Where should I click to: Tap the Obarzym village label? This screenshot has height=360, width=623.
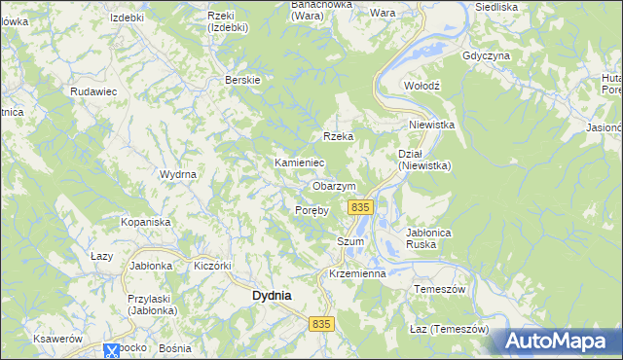[334, 186]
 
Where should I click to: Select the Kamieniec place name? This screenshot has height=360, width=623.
[299, 162]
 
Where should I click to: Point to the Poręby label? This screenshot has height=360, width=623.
[312, 209]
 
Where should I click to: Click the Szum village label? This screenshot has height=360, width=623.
[349, 241]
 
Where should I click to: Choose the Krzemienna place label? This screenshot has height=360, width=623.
[357, 273]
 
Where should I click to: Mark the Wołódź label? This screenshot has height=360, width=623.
[422, 86]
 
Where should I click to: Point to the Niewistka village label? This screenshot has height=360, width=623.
[432, 125]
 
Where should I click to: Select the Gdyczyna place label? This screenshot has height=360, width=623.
[487, 55]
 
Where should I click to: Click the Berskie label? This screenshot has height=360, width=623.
[242, 80]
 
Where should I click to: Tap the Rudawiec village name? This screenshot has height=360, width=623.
[93, 90]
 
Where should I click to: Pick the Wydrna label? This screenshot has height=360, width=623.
[179, 174]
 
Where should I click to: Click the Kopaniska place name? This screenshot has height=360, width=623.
[146, 222]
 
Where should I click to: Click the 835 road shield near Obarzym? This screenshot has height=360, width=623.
[360, 207]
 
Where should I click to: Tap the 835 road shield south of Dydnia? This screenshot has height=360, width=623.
[323, 323]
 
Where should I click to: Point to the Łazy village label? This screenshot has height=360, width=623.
[102, 256]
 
